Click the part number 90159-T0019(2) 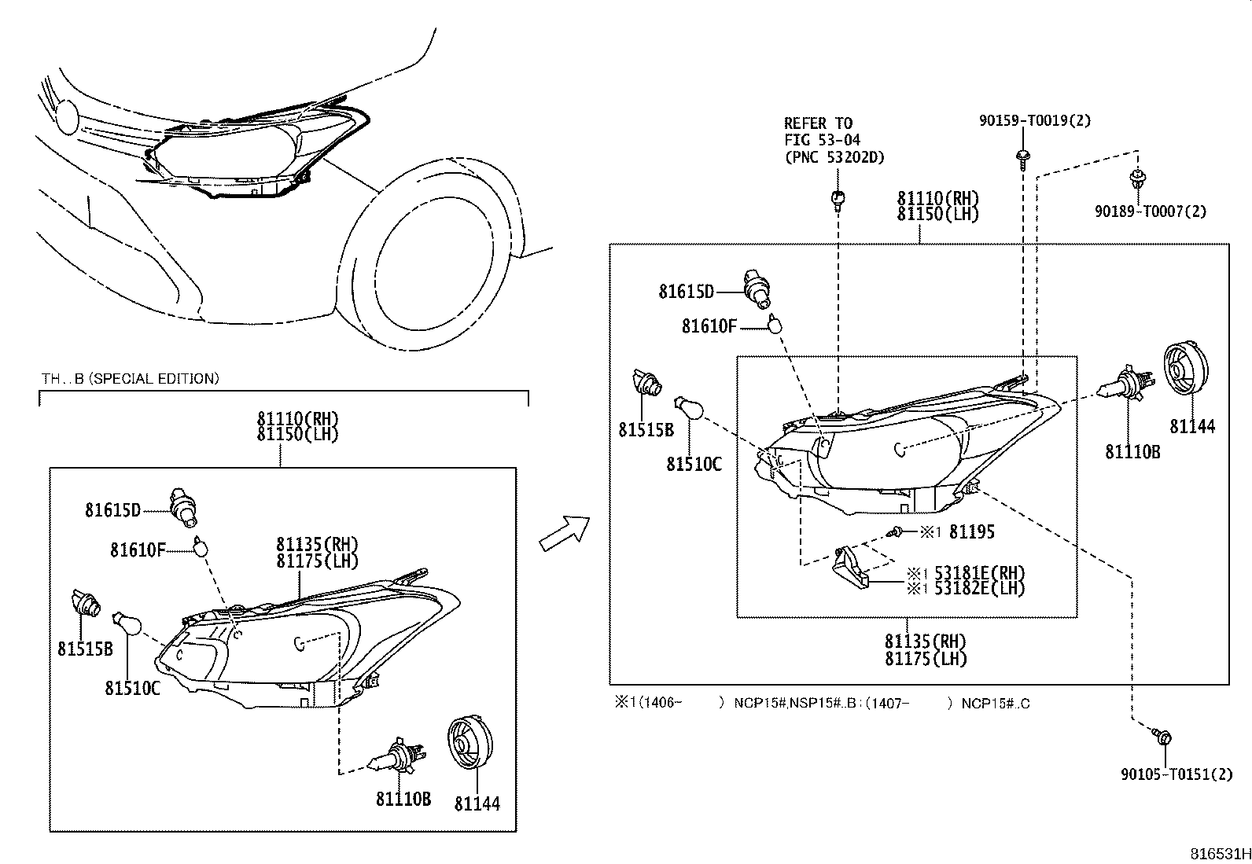point(1034,121)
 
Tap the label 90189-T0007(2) point(1150,211)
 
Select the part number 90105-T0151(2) point(1177,774)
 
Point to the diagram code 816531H point(1218,854)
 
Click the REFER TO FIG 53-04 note point(834,140)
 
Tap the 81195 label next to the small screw point(971,532)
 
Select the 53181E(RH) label point(979,573)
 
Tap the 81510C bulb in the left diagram point(127,625)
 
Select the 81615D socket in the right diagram point(756,289)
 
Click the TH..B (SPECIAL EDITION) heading point(130,379)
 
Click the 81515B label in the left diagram point(84,649)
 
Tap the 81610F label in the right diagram point(709,325)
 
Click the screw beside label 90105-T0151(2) point(1162,737)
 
